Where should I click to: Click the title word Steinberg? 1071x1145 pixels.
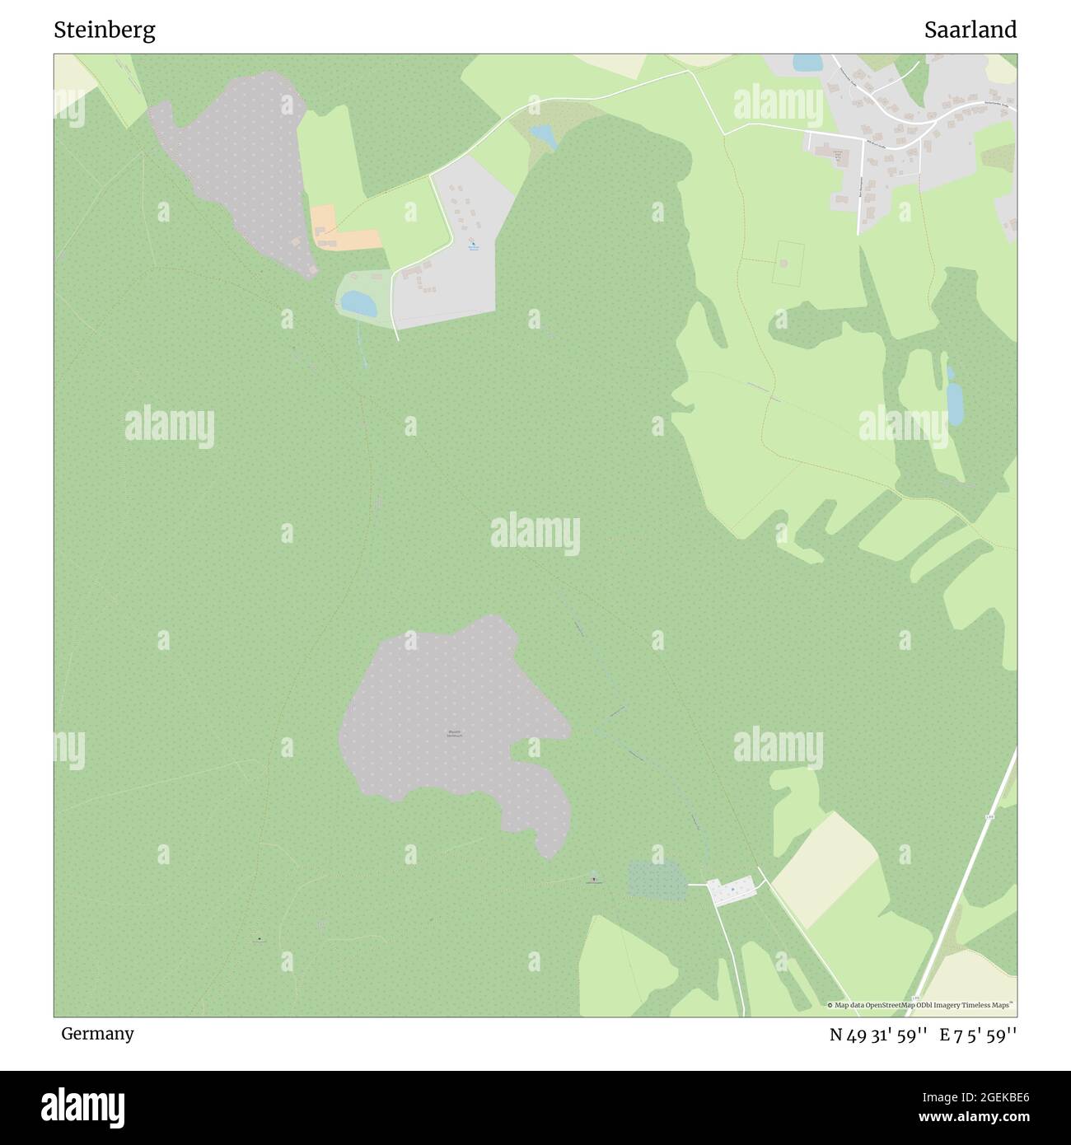coord(105,30)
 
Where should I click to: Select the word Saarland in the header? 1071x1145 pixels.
coord(970,30)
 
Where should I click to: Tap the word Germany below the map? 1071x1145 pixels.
coord(97,1033)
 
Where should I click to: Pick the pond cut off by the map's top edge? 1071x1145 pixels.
coord(807,63)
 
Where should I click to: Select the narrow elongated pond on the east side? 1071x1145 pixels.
coord(954,400)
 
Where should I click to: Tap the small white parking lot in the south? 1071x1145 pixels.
coord(732,890)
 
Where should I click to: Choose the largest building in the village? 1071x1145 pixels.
coord(839,157)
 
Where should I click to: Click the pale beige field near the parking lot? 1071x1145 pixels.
coord(824,869)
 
